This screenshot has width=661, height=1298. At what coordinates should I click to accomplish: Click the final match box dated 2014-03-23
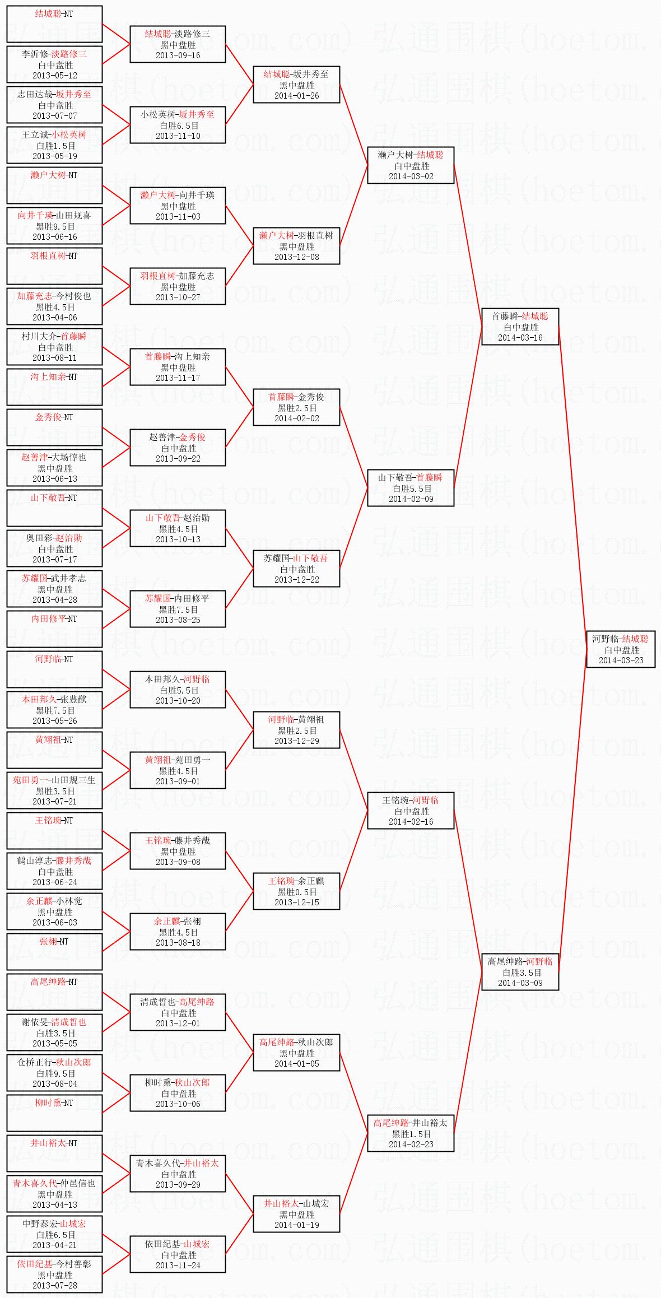coord(621,649)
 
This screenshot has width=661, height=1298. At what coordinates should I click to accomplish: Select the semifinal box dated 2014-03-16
coord(520,327)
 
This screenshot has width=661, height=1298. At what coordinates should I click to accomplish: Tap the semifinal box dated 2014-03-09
coord(520,972)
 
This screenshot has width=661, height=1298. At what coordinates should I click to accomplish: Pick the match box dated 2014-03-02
coord(411,165)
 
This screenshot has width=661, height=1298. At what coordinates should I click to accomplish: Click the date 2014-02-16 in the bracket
coord(411,821)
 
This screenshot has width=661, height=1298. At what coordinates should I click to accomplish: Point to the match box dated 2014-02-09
coord(411,488)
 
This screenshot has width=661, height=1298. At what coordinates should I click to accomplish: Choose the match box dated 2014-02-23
coord(411,1133)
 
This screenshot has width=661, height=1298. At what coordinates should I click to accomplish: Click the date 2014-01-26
coord(296,95)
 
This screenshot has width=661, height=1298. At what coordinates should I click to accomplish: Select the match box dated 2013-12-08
coord(296,246)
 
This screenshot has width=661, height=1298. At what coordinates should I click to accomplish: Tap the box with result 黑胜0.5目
coord(296,891)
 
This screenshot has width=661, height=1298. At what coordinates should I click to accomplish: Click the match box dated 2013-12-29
coord(296,730)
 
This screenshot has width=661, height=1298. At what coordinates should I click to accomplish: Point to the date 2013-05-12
coord(55,75)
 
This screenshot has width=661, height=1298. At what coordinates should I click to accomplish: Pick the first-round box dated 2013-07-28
coord(54,1274)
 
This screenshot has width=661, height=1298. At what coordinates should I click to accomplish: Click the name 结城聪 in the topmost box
coord(46,13)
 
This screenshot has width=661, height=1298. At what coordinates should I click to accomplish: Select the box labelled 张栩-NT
coord(54,952)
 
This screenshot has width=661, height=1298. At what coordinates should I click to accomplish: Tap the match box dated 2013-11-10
coord(178,125)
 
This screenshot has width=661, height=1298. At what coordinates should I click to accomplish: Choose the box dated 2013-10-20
coord(178,690)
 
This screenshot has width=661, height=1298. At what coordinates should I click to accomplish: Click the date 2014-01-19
coord(296,1225)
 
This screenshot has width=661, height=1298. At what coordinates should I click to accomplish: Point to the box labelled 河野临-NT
coord(54,669)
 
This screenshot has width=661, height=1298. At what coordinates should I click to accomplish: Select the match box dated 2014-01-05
coord(296,1053)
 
